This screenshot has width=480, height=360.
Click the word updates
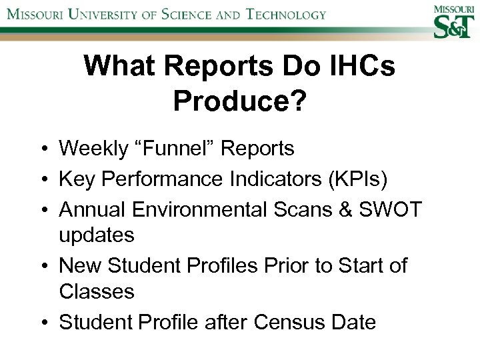tap(97, 235)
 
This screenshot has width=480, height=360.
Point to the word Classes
tap(97, 292)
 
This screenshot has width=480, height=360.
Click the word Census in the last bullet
tap(287, 323)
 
